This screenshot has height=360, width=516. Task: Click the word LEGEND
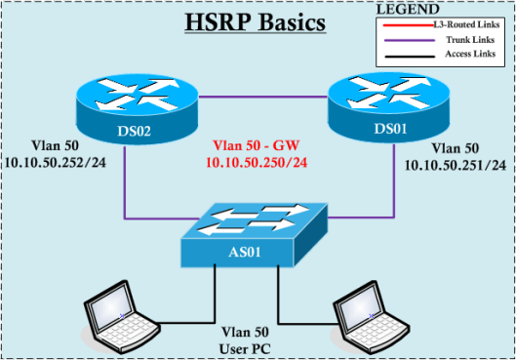pos(409,9)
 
